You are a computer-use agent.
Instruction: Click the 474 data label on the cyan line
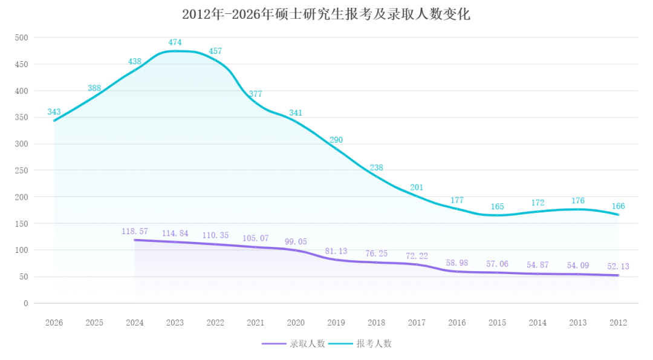(x=175, y=42)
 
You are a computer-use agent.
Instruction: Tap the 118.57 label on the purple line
(x=134, y=232)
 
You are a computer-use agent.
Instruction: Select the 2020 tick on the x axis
(x=296, y=323)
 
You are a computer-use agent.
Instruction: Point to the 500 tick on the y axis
(x=22, y=38)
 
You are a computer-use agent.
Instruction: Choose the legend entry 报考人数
(x=374, y=344)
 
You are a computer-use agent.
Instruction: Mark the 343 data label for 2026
(x=54, y=112)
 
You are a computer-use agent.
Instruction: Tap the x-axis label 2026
(x=54, y=323)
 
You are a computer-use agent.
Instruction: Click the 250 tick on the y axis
(x=22, y=171)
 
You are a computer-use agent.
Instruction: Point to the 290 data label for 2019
(x=336, y=140)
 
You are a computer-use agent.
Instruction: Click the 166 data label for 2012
(x=618, y=206)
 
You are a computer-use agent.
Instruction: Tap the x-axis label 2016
(x=457, y=323)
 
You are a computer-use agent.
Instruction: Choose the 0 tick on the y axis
(x=26, y=303)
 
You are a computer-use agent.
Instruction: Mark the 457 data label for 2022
(x=215, y=51)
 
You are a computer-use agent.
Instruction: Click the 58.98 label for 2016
(x=457, y=263)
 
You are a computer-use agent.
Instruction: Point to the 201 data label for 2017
(x=417, y=188)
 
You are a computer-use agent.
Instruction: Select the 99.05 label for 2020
(x=296, y=241)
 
